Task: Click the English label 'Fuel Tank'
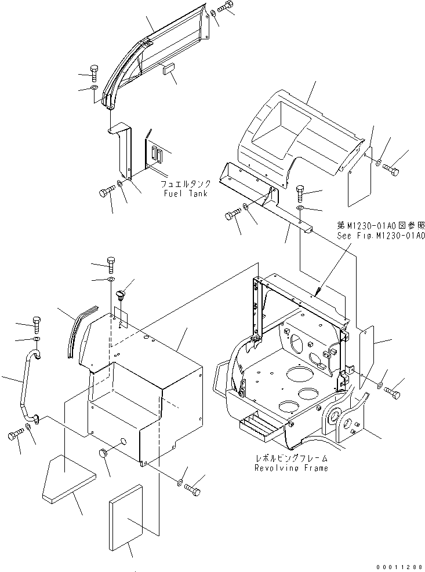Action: coord(186,193)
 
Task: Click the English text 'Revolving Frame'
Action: coord(291,468)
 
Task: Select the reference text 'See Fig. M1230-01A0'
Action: coord(381,236)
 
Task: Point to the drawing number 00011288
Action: coord(401,567)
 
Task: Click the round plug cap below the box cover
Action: coord(104,453)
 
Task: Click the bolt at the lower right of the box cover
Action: coord(192,489)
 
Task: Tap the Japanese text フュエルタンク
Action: coord(186,184)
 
